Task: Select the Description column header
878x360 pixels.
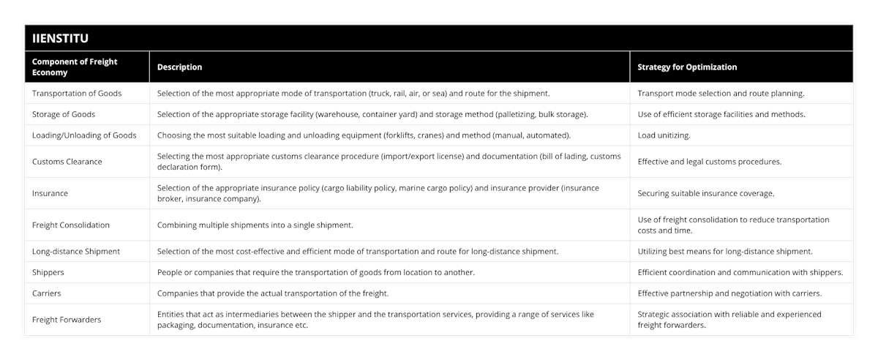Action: click(180, 67)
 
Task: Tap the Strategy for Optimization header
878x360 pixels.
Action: click(687, 67)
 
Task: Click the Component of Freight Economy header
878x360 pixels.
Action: click(75, 67)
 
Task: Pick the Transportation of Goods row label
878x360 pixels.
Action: click(77, 94)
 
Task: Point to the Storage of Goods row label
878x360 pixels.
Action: click(64, 114)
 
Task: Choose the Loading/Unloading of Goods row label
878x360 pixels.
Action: click(84, 135)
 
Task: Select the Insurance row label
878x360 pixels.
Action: click(50, 194)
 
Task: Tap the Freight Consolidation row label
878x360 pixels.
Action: click(71, 225)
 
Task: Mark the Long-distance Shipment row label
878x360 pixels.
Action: click(76, 252)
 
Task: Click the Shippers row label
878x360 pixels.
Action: click(48, 272)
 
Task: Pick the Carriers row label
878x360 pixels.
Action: click(47, 293)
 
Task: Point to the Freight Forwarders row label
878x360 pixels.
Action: click(67, 320)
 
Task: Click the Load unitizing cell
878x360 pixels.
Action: click(664, 135)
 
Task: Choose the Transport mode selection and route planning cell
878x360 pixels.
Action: click(721, 94)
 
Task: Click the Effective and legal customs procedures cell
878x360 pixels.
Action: click(709, 162)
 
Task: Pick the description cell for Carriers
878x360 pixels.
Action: click(273, 293)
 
